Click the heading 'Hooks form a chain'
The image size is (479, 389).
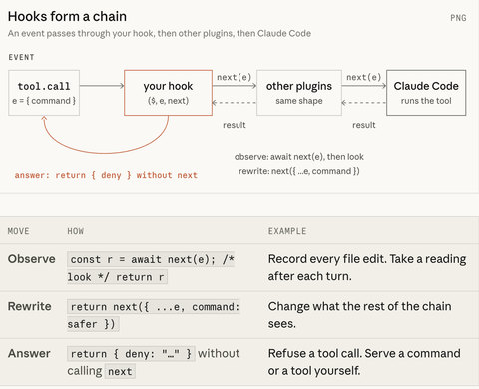click(x=67, y=16)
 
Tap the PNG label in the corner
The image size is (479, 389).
click(x=458, y=18)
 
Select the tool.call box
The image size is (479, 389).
click(x=44, y=93)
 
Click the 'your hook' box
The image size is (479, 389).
click(x=168, y=93)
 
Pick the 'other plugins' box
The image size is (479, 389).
click(x=299, y=93)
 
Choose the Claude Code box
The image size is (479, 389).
click(x=426, y=93)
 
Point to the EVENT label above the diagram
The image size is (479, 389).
click(x=21, y=57)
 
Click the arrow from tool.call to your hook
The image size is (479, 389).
click(x=102, y=86)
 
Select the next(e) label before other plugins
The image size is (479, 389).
click(x=235, y=77)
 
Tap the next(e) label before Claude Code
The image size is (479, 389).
click(x=364, y=77)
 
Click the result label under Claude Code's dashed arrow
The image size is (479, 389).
click(x=364, y=125)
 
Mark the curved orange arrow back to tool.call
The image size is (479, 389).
click(x=106, y=153)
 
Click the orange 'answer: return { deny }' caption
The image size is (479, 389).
click(x=106, y=175)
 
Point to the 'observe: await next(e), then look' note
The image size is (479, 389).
click(x=299, y=157)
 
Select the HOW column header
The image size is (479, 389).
click(x=76, y=231)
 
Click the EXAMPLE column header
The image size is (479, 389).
click(x=287, y=231)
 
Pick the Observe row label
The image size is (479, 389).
click(x=32, y=259)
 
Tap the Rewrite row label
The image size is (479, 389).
click(x=30, y=306)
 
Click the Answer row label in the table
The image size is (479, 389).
click(x=29, y=353)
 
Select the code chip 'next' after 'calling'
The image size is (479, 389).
click(x=120, y=371)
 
